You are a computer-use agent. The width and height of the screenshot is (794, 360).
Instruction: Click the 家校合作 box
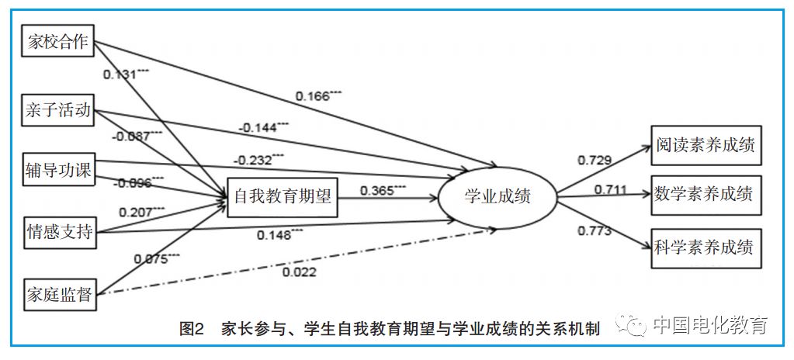pyautogui.click(x=56, y=43)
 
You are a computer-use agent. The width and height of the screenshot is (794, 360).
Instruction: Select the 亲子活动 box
pyautogui.click(x=56, y=112)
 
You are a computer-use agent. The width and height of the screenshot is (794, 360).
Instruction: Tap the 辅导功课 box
pyautogui.click(x=56, y=171)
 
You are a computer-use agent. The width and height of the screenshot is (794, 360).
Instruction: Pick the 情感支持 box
pyautogui.click(x=56, y=231)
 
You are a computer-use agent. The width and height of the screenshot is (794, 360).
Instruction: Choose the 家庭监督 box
pyautogui.click(x=56, y=295)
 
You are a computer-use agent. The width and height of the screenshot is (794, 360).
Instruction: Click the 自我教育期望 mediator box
pyautogui.click(x=283, y=198)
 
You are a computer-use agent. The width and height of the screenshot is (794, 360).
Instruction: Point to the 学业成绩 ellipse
pyautogui.click(x=497, y=198)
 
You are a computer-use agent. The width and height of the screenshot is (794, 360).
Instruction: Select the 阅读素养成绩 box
pyautogui.click(x=704, y=145)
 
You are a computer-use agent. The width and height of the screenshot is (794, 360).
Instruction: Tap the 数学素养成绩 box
pyautogui.click(x=704, y=193)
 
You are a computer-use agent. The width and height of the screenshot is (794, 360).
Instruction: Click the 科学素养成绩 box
pyautogui.click(x=704, y=249)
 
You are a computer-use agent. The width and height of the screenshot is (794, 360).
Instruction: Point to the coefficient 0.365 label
pyautogui.click(x=380, y=189)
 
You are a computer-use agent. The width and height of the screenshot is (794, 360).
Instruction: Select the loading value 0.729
pyautogui.click(x=594, y=160)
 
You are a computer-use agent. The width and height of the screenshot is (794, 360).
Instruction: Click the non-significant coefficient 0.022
pyautogui.click(x=298, y=271)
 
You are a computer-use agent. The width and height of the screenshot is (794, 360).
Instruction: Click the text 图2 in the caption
pyautogui.click(x=190, y=329)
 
